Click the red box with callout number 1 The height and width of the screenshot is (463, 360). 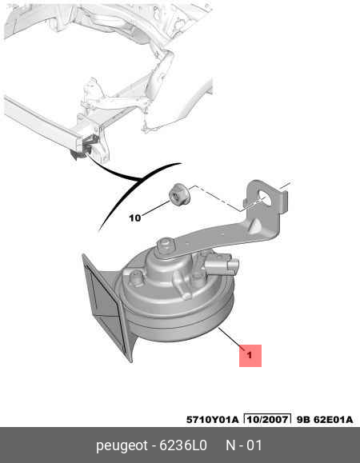(250, 356)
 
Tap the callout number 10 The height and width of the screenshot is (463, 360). (134, 218)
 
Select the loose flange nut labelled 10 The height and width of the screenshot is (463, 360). (179, 195)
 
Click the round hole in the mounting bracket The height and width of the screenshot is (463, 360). (266, 197)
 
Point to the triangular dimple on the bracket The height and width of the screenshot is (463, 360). (255, 226)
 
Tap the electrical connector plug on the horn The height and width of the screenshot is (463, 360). (222, 264)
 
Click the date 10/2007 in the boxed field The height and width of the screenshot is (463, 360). (267, 420)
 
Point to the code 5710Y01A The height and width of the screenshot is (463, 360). (212, 420)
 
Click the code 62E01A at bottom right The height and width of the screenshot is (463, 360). (334, 420)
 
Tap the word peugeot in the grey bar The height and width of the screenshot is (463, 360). (122, 445)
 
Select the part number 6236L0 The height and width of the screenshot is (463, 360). (183, 445)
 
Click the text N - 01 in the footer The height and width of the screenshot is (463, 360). (244, 445)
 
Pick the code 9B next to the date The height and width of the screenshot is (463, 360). (302, 420)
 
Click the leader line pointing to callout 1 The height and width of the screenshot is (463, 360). (232, 339)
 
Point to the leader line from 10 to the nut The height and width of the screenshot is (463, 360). (156, 209)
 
